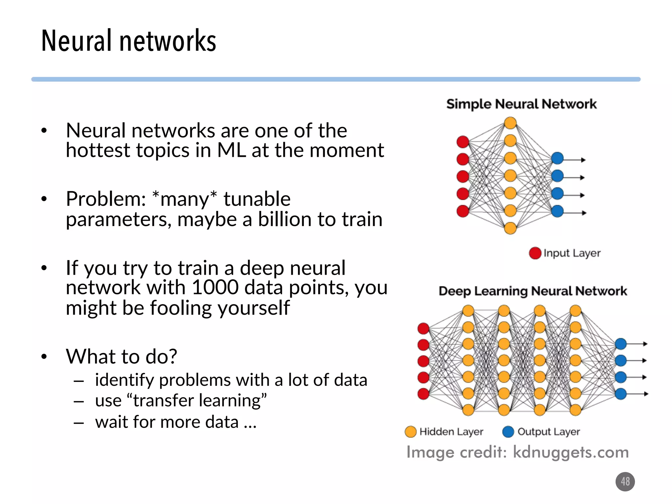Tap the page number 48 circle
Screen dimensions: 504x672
[x=625, y=481]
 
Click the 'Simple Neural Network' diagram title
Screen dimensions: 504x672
[x=521, y=104]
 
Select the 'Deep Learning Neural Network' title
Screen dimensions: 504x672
[x=533, y=291]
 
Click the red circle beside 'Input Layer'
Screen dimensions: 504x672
[x=535, y=253]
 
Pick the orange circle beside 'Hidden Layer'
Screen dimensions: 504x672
[x=410, y=432]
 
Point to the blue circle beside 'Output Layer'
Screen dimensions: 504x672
[x=508, y=432]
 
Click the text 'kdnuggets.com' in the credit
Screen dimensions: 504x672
[x=571, y=452]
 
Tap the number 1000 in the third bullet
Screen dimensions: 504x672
[x=215, y=287]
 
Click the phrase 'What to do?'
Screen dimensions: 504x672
[x=121, y=356]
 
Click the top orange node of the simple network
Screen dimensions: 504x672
[x=510, y=123]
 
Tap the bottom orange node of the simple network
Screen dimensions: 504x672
[x=510, y=228]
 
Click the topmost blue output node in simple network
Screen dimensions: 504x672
[x=557, y=158]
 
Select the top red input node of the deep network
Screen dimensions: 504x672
[x=423, y=328]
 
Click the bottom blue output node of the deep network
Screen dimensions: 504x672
[x=620, y=393]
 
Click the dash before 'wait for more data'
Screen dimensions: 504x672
[x=79, y=423]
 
